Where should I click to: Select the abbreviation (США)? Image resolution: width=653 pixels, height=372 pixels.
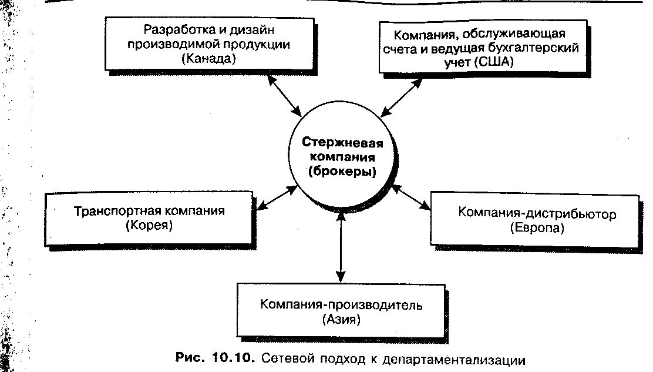pyautogui.click(x=501, y=64)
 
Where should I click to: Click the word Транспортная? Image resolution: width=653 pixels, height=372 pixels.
pyautogui.click(x=111, y=210)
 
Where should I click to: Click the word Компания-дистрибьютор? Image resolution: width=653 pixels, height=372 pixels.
pyautogui.click(x=537, y=213)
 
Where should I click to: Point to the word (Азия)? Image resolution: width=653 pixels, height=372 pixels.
pyautogui.click(x=341, y=320)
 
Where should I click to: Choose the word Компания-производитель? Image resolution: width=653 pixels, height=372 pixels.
pyautogui.click(x=341, y=305)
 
